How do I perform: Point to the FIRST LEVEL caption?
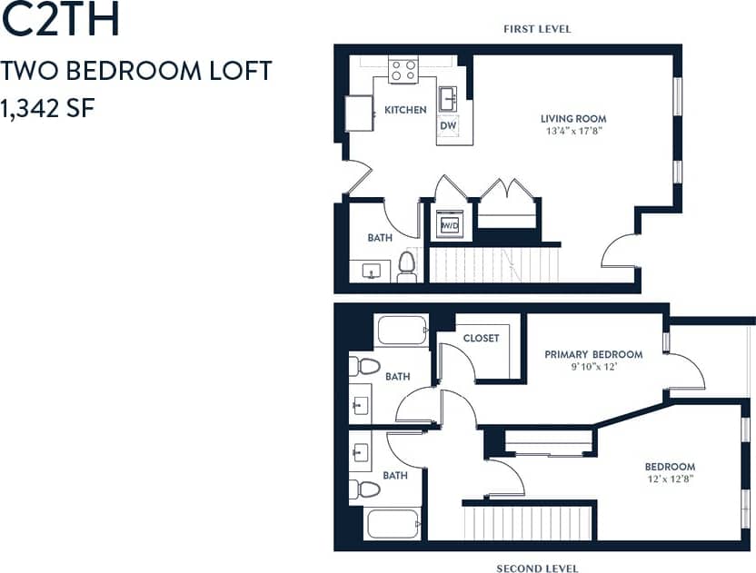coord(537,29)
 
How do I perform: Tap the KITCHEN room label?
coord(405,110)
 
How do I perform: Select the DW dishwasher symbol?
coord(448,126)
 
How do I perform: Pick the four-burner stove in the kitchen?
coord(403,71)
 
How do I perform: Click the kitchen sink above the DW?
coord(448,97)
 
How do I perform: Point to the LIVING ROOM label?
coord(572,118)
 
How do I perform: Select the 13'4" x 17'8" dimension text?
coord(572,131)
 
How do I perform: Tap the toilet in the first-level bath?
coord(406,266)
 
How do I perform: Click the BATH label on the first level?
coord(379,238)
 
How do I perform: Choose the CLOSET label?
coord(481,338)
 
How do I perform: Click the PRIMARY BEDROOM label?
coord(592,354)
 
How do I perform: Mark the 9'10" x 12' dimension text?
coord(592,367)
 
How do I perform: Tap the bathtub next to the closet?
coord(401,331)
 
